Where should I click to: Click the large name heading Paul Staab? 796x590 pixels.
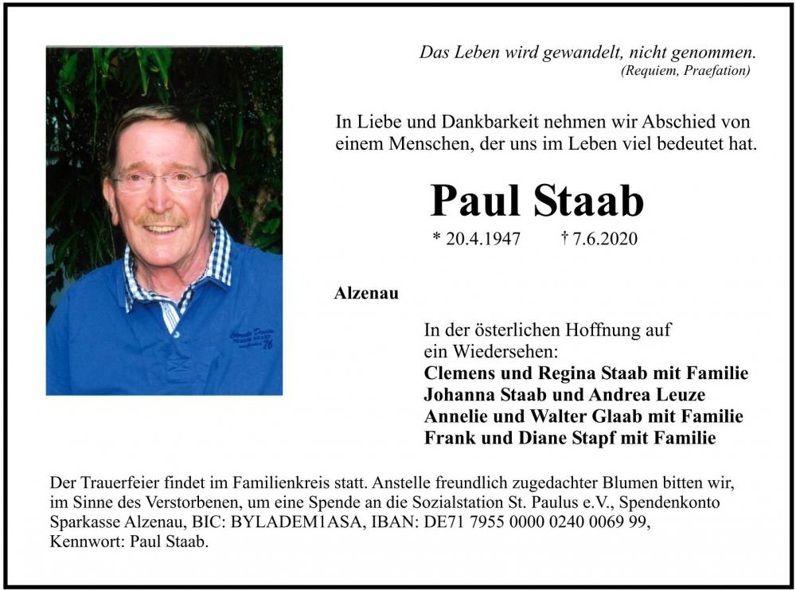pos(537,201)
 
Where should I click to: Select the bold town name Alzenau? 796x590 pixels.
pos(366,293)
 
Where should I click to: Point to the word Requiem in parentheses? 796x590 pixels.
pos(650,71)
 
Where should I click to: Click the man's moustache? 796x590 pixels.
pos(160,218)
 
